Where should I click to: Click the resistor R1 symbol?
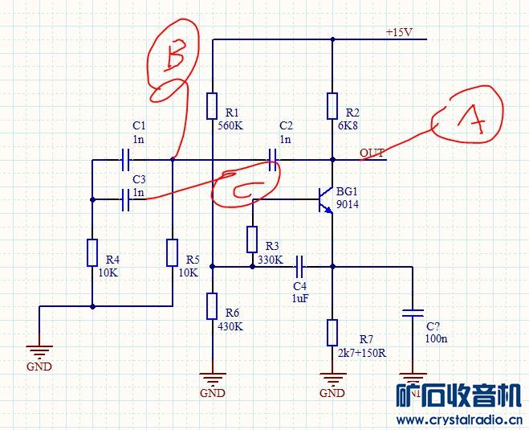(212, 106)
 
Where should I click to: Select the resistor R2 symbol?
(332, 106)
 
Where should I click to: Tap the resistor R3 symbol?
(252, 240)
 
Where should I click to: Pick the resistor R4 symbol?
(92, 252)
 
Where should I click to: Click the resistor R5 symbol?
(173, 252)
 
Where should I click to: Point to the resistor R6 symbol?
(212, 306)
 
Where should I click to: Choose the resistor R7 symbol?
(332, 332)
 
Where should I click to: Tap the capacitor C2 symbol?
(274, 159)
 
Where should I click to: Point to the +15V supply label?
(399, 33)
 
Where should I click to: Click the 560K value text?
(231, 126)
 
